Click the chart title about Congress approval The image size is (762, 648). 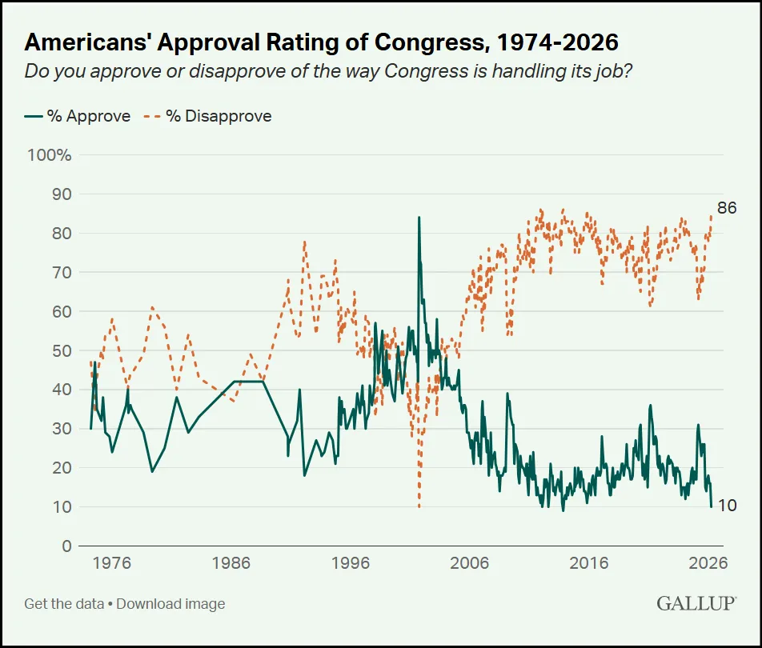click(321, 42)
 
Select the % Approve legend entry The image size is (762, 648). click(78, 116)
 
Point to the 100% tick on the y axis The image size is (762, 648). click(50, 154)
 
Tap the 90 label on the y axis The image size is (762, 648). click(62, 194)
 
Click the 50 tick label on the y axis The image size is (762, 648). click(62, 350)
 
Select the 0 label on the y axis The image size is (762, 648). click(66, 546)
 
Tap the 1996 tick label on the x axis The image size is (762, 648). click(350, 562)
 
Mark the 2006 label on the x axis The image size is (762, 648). click(469, 562)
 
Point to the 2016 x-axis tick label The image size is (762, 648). click(588, 562)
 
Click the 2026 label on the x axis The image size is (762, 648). click(708, 562)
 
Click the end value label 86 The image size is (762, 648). click(726, 208)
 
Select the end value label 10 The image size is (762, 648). click(726, 506)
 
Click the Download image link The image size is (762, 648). click(170, 604)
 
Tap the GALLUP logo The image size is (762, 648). click(696, 603)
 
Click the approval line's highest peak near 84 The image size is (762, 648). click(419, 218)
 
